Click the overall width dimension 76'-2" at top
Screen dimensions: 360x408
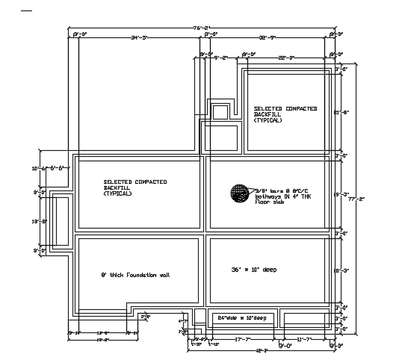tap(202, 28)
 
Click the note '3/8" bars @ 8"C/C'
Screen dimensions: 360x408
tap(275, 191)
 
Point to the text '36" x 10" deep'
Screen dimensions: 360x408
tap(255, 269)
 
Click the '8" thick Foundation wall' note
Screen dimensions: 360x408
tap(135, 276)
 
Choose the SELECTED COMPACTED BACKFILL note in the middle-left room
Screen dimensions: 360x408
tap(135, 187)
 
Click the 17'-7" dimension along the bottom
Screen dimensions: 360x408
tap(241, 340)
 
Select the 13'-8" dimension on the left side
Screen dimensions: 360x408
tap(40, 222)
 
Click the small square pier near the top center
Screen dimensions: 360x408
tap(220, 112)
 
